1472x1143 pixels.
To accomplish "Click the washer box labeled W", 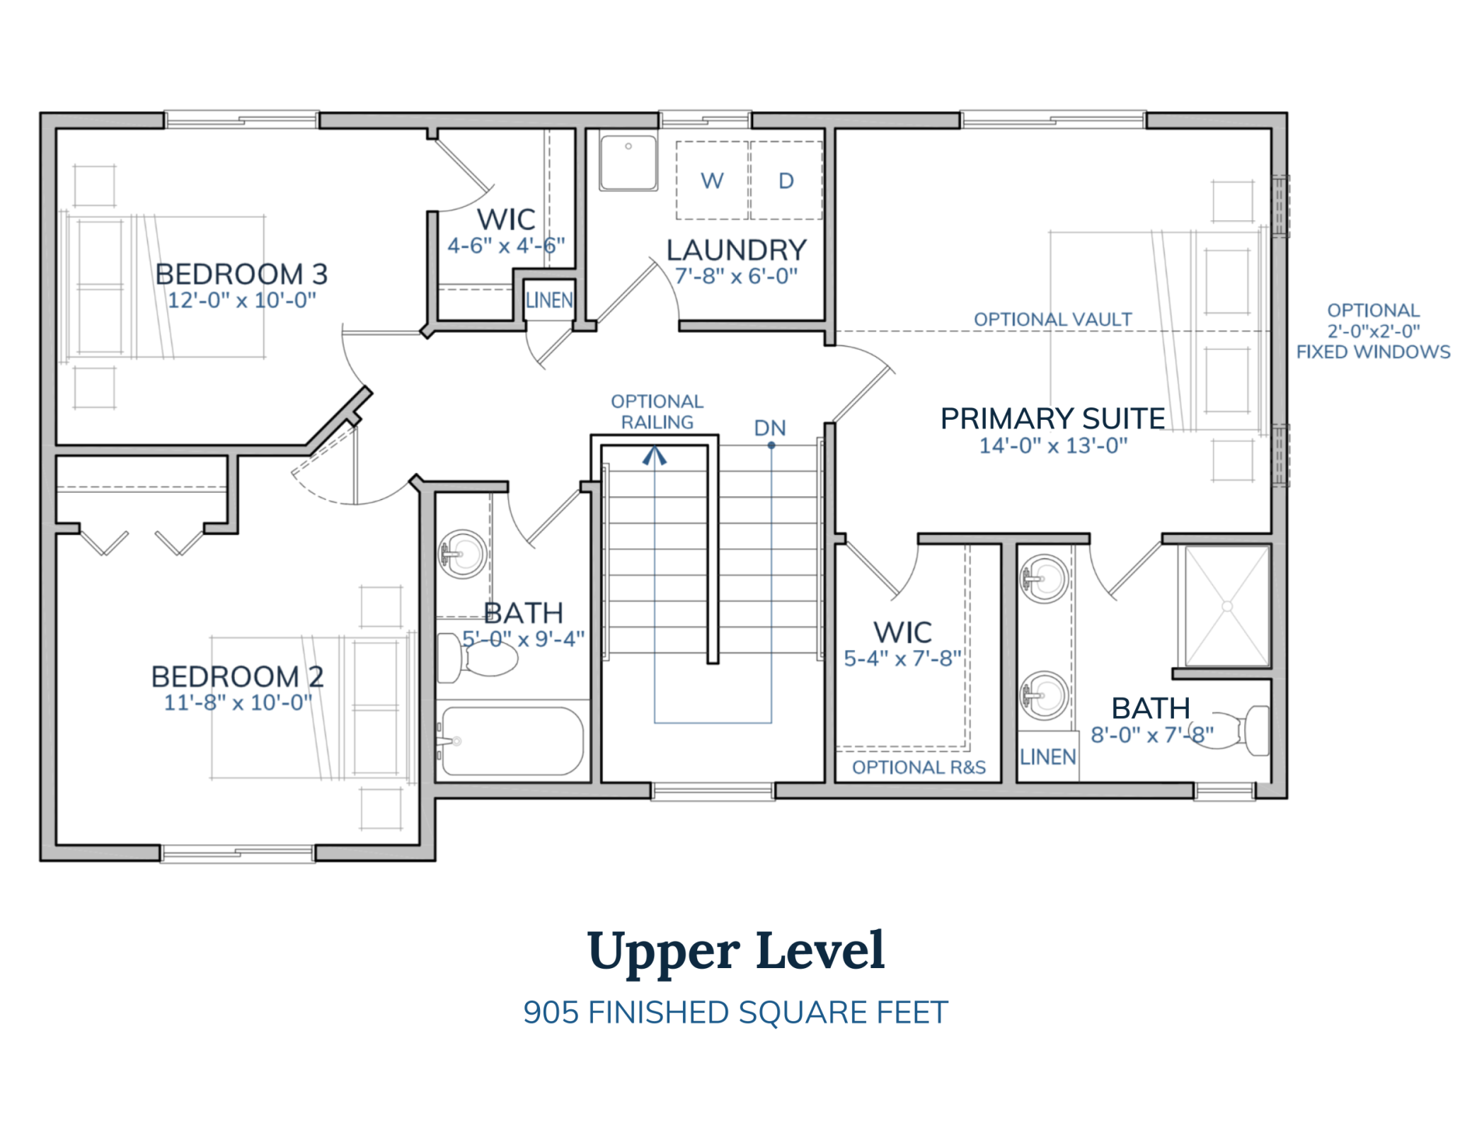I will [712, 181].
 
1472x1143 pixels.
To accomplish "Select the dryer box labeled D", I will [786, 181].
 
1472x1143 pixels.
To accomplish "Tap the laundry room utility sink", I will [628, 163].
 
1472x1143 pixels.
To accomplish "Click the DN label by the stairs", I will [770, 428].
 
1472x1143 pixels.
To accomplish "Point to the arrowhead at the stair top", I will [655, 455].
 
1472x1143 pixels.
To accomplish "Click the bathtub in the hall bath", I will [512, 741].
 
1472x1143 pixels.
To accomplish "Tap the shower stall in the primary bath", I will [1227, 606].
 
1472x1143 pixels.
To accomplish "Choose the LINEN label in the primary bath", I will [1047, 757].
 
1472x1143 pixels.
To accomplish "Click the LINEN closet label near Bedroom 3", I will [549, 300].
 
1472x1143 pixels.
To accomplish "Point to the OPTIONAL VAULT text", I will [1052, 319].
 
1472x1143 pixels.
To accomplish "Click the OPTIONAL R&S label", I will [919, 767].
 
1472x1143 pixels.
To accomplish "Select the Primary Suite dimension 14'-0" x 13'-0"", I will [1053, 445].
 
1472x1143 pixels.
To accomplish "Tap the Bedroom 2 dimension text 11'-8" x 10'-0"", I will [238, 703].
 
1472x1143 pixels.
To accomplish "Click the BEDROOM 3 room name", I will [241, 274].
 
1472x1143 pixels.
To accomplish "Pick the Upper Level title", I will [736, 950].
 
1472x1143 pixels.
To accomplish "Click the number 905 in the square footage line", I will [551, 1013].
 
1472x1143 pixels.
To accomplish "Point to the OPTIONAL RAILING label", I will [657, 411].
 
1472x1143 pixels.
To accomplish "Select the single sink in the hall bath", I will [462, 554].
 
